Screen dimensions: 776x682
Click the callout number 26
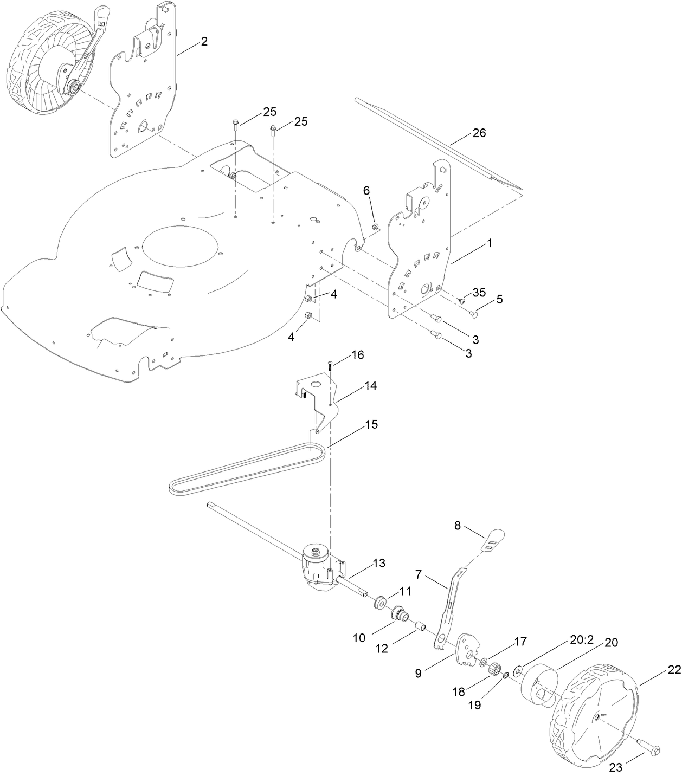point(479,133)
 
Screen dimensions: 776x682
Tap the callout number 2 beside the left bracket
point(204,41)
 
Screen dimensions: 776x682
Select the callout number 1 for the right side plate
point(490,243)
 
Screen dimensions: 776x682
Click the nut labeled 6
point(375,226)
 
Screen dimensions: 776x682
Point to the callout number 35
point(479,293)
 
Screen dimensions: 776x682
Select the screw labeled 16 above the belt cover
point(330,366)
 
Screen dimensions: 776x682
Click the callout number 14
point(370,386)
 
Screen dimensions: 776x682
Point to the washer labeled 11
point(381,602)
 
